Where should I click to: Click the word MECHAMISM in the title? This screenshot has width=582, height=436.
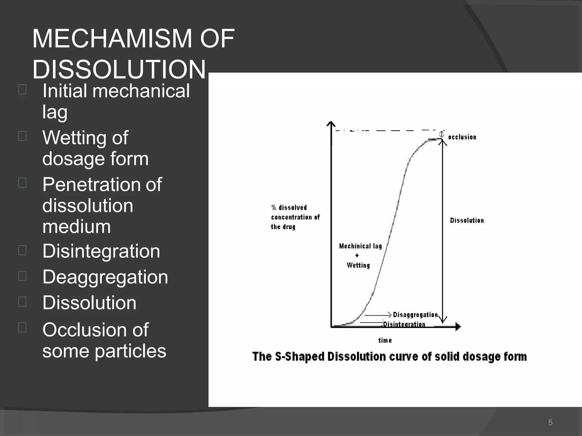(x=112, y=39)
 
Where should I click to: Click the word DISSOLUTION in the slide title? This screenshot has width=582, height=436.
(x=119, y=70)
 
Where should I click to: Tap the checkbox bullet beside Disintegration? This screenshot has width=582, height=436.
(x=22, y=250)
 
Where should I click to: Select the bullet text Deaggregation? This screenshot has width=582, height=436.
(x=105, y=277)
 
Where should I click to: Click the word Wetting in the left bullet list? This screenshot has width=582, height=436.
(x=85, y=138)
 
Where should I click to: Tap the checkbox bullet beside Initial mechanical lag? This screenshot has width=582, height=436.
(x=22, y=89)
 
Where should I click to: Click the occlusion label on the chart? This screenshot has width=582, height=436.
(x=462, y=137)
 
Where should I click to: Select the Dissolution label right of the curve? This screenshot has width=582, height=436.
(x=467, y=220)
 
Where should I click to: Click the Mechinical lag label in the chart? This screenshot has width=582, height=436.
(x=360, y=246)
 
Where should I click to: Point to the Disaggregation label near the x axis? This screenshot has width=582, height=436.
(x=415, y=315)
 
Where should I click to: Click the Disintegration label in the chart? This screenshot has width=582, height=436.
(x=404, y=324)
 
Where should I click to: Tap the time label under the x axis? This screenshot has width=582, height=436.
(x=385, y=340)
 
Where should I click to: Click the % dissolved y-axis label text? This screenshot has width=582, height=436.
(x=289, y=208)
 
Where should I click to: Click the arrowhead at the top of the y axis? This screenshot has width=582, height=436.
(x=331, y=124)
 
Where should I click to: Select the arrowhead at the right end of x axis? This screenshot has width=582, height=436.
(x=458, y=327)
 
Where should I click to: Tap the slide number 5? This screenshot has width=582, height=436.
(x=550, y=423)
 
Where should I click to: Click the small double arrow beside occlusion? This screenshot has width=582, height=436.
(x=442, y=134)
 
